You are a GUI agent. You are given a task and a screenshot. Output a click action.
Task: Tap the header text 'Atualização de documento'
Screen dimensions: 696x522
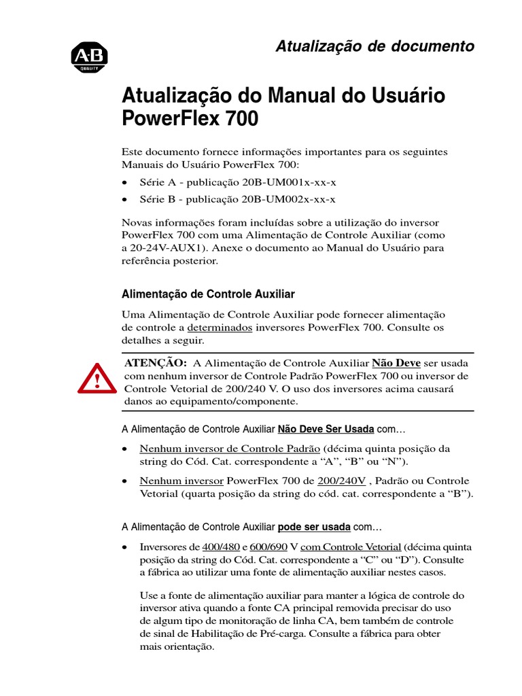[375, 46]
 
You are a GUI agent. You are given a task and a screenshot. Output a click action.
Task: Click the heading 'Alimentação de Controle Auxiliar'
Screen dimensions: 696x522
[208, 294]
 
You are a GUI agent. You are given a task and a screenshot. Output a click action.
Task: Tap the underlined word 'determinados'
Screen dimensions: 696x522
[220, 328]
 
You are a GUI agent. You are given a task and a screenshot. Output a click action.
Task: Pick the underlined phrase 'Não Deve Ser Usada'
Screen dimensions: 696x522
[326, 430]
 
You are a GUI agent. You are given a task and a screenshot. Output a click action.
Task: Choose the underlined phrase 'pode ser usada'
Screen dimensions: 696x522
[314, 527]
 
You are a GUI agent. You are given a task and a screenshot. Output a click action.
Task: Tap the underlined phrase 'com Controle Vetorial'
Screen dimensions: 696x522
[351, 546]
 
